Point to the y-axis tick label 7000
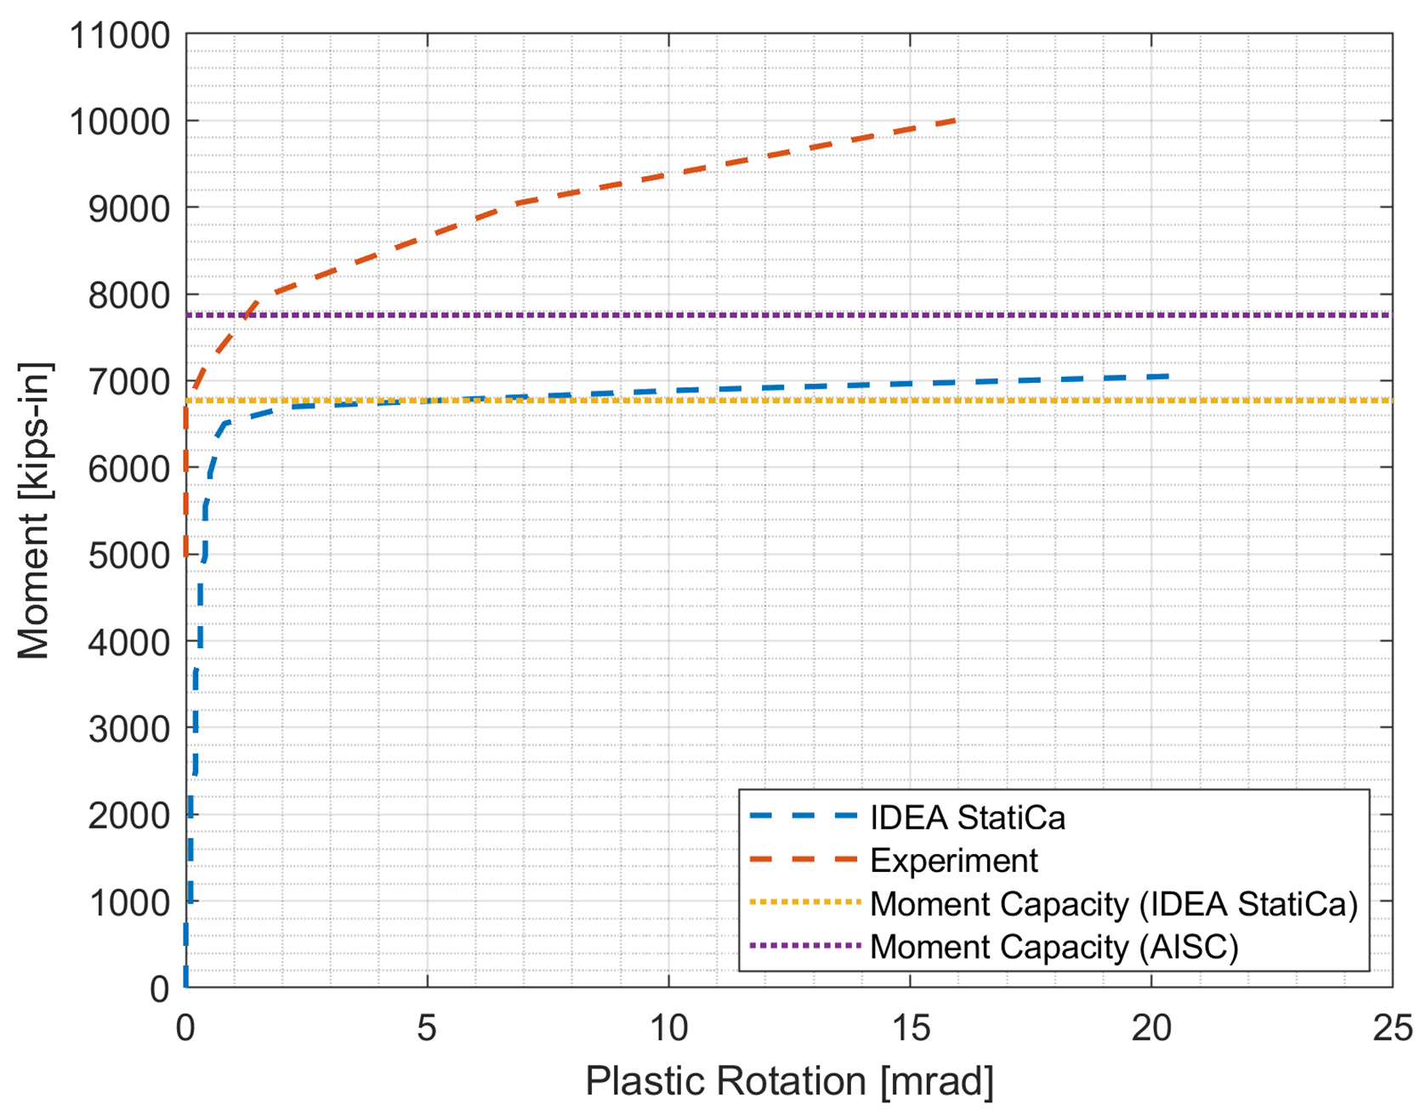click(x=129, y=382)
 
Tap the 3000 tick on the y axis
click(x=129, y=729)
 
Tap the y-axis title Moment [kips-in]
click(x=34, y=510)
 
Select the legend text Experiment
click(x=953, y=861)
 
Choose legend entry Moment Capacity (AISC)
click(x=1054, y=947)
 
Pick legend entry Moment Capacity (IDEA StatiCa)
click(x=1113, y=903)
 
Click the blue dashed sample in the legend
click(x=804, y=817)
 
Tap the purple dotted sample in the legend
click(x=804, y=946)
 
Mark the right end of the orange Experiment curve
click(x=957, y=121)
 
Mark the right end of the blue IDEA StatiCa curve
click(x=1168, y=376)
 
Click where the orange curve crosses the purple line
click(x=244, y=316)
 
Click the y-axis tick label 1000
click(x=129, y=902)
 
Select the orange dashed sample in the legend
click(x=804, y=860)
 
